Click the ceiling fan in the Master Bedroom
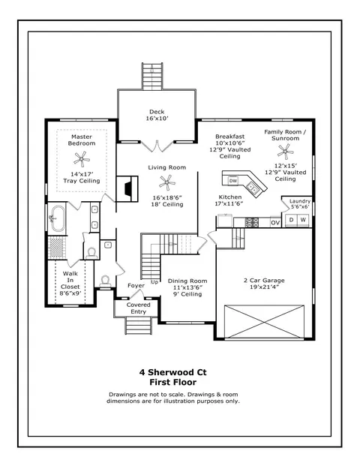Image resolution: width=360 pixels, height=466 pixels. click(x=82, y=158)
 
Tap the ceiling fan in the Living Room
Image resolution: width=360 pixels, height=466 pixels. click(x=167, y=182)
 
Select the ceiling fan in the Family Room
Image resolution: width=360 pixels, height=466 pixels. click(x=285, y=152)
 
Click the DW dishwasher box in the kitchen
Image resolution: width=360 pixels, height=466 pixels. click(x=233, y=181)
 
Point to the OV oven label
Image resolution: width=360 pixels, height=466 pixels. click(x=275, y=222)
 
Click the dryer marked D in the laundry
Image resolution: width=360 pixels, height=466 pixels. click(x=292, y=220)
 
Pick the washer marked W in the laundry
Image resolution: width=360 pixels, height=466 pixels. click(x=303, y=220)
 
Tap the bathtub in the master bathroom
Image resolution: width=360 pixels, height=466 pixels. click(x=58, y=218)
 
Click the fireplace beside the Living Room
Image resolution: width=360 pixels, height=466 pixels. click(x=127, y=189)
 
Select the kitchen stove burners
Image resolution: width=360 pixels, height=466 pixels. click(x=251, y=222)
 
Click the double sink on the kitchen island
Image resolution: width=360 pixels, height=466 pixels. click(x=253, y=188)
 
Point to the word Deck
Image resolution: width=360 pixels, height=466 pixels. click(x=157, y=112)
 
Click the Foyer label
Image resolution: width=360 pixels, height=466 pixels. click(x=136, y=286)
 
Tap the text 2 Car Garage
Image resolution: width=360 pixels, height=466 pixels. click(x=264, y=280)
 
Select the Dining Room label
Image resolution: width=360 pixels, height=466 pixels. click(x=187, y=281)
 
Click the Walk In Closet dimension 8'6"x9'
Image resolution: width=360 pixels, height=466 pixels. click(x=70, y=293)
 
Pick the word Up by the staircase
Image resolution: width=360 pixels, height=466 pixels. click(x=154, y=282)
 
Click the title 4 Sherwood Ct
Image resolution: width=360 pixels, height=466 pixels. click(x=172, y=372)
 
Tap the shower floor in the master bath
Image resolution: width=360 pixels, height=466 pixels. click(x=56, y=248)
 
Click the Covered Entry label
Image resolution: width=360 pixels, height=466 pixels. click(x=139, y=308)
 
